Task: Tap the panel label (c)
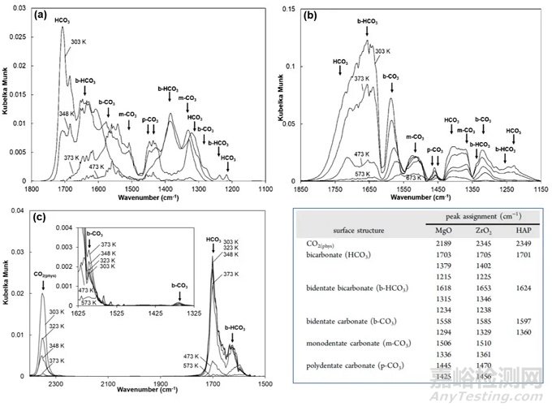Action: (x=41, y=218)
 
